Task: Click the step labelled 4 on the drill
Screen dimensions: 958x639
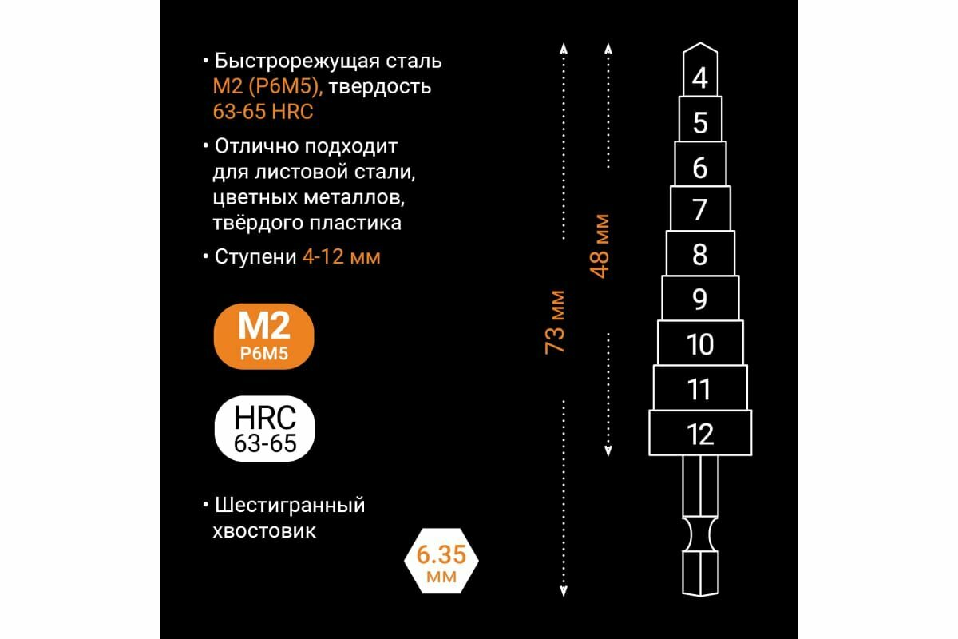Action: [x=700, y=78]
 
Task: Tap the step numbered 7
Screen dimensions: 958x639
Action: [x=700, y=209]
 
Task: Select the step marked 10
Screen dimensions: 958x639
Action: [x=700, y=343]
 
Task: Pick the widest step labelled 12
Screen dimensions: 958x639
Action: [x=700, y=434]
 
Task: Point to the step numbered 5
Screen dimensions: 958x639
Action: [x=700, y=121]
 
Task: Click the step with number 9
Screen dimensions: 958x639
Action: [x=700, y=298]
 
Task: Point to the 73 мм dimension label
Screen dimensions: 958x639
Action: [x=555, y=321]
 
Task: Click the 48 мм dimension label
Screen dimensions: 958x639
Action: [x=600, y=244]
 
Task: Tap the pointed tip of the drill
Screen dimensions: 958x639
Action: [x=700, y=46]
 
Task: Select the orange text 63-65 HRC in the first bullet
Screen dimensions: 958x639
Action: [x=263, y=112]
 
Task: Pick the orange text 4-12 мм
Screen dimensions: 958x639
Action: [x=341, y=258]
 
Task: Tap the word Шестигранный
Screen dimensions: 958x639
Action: [x=290, y=505]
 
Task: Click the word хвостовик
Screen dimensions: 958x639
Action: [x=265, y=530]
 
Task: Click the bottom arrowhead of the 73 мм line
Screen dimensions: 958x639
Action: [x=563, y=591]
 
